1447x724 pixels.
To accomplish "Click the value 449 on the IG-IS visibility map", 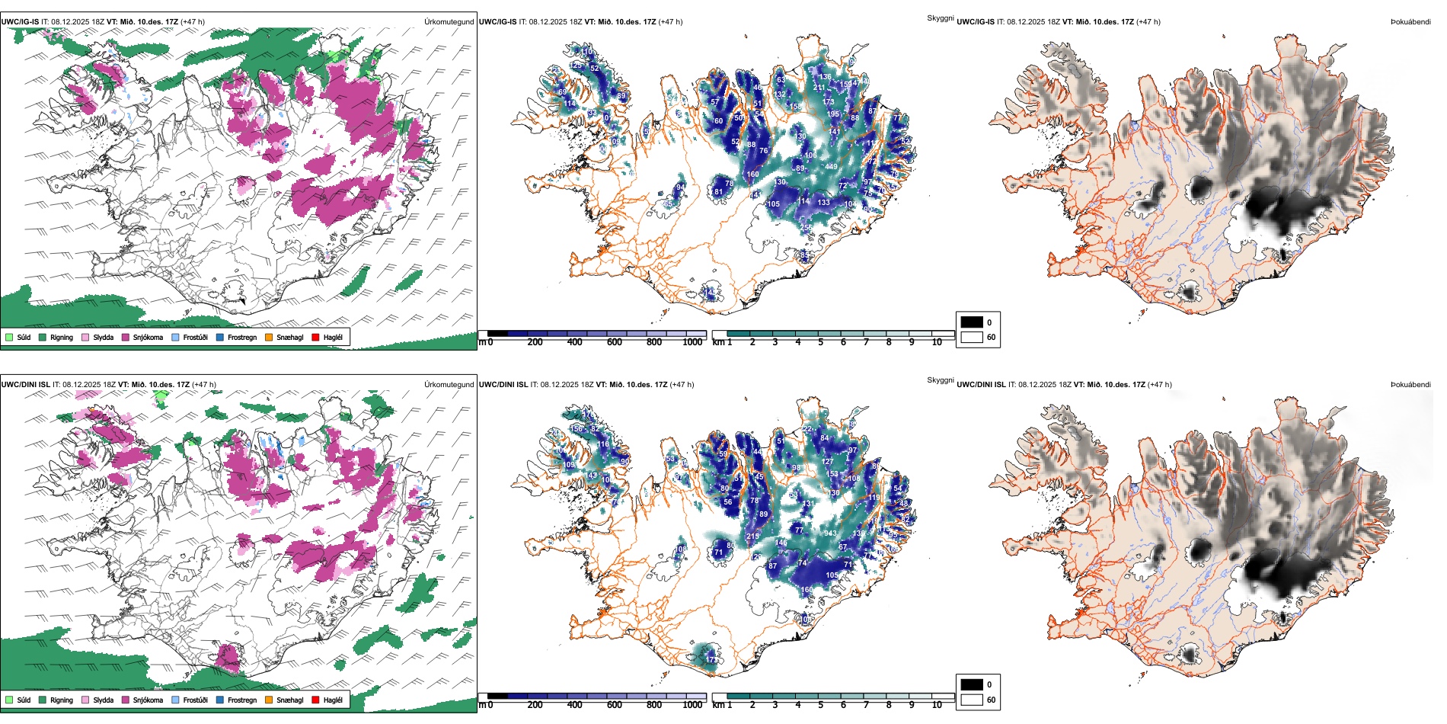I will coord(831,167).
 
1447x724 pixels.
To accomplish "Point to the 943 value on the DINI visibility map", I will coord(829,533).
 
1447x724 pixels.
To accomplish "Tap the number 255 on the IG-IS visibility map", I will coord(807,227).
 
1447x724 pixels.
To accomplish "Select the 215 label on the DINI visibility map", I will coord(752,537).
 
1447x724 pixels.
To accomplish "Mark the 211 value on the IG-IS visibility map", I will coord(819,88).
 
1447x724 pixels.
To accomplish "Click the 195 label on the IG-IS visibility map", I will coord(833,114).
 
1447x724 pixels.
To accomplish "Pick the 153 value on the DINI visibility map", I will coord(832,474).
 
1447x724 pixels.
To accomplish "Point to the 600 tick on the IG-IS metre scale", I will coord(614,342).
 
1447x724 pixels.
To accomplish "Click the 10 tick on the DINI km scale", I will coord(937,705).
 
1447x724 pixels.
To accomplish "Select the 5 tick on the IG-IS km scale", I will coord(820,342).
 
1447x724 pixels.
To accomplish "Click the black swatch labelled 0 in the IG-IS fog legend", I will coord(972,322).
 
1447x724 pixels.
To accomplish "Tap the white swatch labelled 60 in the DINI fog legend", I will coord(972,700).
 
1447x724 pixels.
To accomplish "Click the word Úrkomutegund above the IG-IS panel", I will coord(449,22).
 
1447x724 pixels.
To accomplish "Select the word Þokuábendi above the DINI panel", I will coord(1410,385).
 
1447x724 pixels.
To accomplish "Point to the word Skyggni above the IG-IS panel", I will coord(940,18).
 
